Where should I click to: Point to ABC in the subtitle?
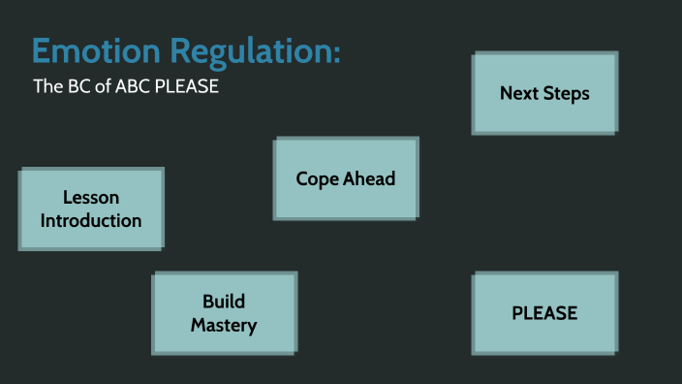[x=134, y=86]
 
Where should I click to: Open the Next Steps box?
[x=544, y=93]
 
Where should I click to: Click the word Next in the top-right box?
[x=519, y=93]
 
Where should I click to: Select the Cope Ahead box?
[x=346, y=178]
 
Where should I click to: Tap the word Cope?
[x=317, y=178]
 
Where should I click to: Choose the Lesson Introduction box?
[x=91, y=208]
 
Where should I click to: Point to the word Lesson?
[x=91, y=198]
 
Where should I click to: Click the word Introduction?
[x=91, y=220]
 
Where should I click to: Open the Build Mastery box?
[x=224, y=313]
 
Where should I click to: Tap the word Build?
[x=224, y=302]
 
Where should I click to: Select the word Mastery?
[x=224, y=325]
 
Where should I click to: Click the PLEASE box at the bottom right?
[x=544, y=313]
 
